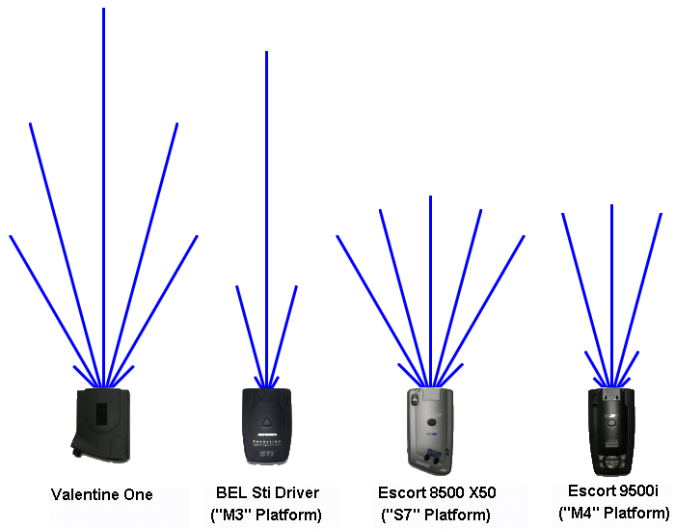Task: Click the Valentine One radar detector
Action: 103,425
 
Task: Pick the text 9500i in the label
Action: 637,489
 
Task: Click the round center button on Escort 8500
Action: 432,422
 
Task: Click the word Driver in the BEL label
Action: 296,493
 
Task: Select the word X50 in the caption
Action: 479,493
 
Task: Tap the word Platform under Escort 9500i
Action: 629,512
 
